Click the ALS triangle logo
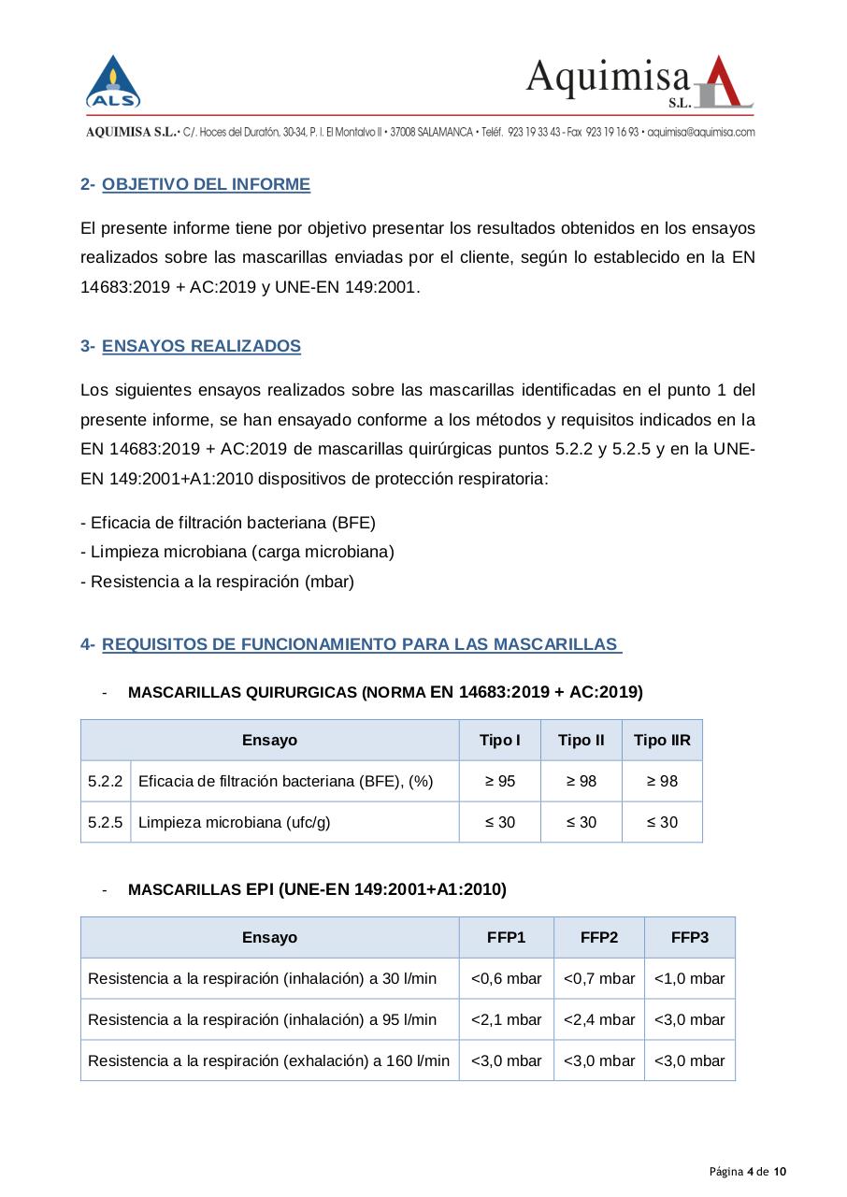(113, 82)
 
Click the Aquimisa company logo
(639, 82)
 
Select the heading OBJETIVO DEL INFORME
(206, 184)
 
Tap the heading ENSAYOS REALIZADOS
(201, 346)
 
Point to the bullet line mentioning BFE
(228, 522)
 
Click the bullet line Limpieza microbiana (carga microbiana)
(237, 552)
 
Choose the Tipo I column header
(499, 741)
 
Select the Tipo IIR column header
(662, 741)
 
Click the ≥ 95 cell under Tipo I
(499, 782)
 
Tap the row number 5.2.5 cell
(106, 823)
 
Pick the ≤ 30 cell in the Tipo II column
(581, 823)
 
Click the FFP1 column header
(506, 937)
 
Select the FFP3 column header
(689, 937)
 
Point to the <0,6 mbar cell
(506, 979)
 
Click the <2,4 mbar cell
(598, 1020)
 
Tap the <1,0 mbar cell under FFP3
(689, 979)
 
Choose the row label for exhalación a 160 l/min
(268, 1060)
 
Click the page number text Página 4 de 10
(747, 1172)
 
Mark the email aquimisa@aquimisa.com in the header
(700, 133)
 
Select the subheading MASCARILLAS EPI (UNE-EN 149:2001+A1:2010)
(317, 889)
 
